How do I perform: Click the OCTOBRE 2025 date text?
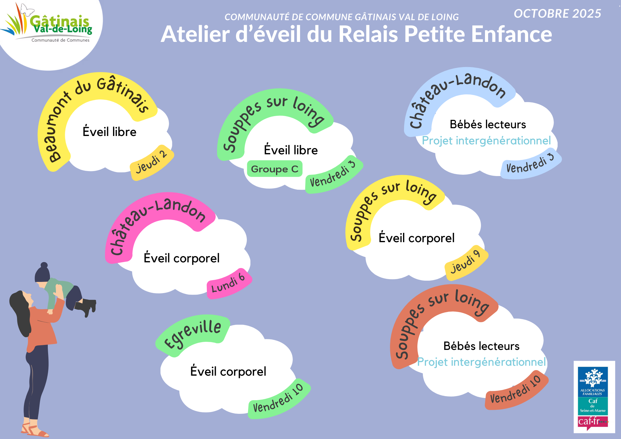click(557, 14)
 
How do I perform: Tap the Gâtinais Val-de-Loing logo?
click(50, 25)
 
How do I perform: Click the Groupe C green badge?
click(274, 169)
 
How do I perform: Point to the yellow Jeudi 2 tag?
click(152, 162)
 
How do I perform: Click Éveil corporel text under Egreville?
click(228, 371)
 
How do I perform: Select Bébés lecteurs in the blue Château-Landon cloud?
click(488, 124)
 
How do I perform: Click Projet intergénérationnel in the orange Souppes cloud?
click(481, 362)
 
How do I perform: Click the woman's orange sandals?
click(34, 430)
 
